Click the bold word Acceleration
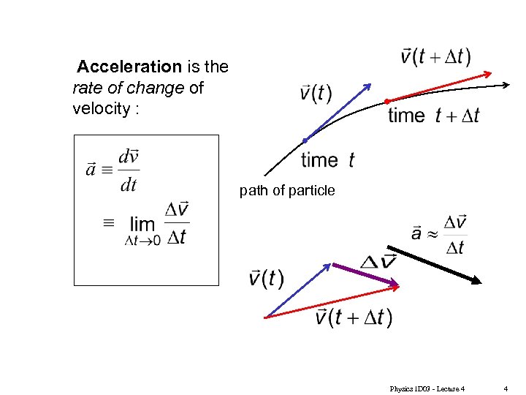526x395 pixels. tap(129, 67)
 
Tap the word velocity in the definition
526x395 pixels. tap(96, 109)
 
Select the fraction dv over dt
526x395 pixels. tap(129, 170)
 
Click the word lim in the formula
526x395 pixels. tap(142, 225)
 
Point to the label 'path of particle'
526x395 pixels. tap(287, 191)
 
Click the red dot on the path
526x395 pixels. tap(387, 101)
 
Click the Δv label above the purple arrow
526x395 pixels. tap(378, 261)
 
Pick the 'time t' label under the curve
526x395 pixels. tap(327, 159)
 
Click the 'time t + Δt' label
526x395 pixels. tap(433, 116)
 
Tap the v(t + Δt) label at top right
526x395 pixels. tap(436, 56)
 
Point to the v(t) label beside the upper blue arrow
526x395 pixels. tap(316, 94)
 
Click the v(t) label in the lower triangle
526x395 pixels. tap(266, 279)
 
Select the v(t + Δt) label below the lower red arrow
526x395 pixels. tap(354, 317)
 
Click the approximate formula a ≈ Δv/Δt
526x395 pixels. tap(439, 234)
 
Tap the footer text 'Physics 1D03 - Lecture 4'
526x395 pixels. tap(427, 388)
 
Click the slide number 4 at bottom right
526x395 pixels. tap(506, 388)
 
